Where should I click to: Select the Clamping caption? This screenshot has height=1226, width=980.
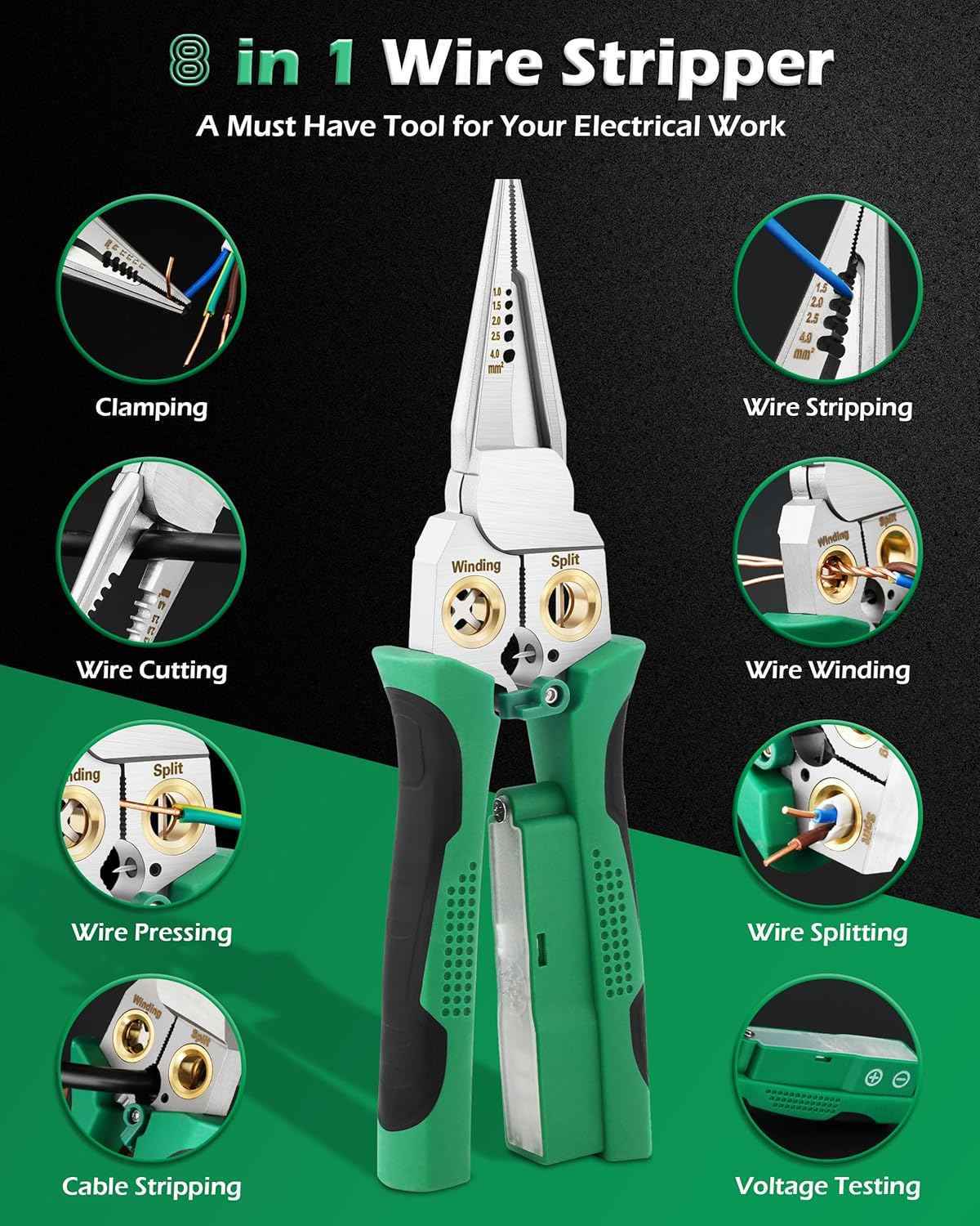(151, 407)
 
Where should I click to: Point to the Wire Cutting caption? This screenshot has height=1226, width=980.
(151, 670)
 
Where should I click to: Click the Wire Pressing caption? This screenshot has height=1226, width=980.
(151, 932)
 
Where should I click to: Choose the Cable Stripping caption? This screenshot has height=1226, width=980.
(151, 1187)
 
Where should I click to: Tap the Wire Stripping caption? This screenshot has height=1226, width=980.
(827, 407)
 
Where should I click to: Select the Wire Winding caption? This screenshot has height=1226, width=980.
(827, 670)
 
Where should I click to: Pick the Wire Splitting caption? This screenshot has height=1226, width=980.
(827, 932)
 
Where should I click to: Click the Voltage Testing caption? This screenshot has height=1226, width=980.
(827, 1187)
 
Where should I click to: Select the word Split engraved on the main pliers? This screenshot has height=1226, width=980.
(565, 561)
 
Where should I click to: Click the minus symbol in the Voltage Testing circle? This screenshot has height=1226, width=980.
(901, 1077)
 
